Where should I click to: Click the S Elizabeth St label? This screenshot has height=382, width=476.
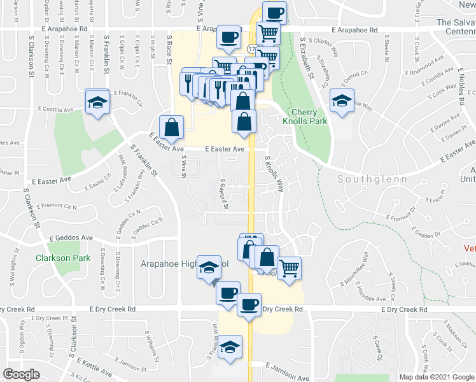coord(308,57)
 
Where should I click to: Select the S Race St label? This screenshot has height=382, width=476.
coord(170,49)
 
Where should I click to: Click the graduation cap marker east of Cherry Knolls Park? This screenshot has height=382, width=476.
coord(342,101)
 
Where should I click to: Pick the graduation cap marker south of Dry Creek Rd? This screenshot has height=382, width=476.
coord(231,347)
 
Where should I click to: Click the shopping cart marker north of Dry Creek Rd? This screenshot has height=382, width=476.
coord(289,268)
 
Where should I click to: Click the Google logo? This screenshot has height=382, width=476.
coord(21,374)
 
